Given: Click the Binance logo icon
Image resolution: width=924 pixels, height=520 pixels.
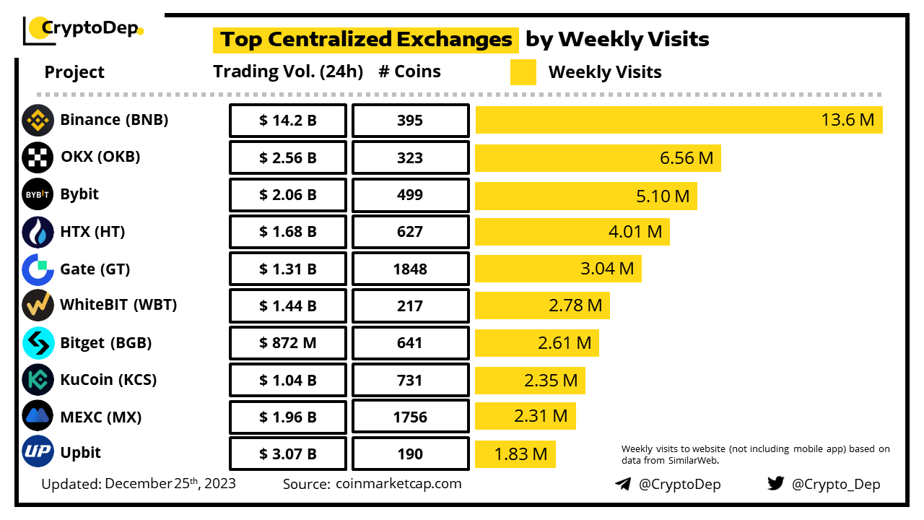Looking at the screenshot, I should click(38, 121).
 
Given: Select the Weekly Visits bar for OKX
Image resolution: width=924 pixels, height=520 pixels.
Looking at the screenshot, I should click(598, 157).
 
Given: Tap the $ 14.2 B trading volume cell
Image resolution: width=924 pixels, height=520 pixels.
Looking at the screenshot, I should click(288, 121).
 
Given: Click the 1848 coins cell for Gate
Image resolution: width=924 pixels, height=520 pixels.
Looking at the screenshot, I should click(410, 269).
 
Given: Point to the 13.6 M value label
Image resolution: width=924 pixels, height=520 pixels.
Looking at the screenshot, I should click(847, 120).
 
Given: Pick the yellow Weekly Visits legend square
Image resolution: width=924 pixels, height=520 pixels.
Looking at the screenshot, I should click(523, 72).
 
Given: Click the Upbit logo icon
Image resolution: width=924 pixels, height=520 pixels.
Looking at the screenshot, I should click(38, 453).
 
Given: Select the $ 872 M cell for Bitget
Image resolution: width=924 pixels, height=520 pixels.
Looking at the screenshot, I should click(288, 343).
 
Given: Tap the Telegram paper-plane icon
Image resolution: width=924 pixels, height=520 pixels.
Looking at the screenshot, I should click(623, 484).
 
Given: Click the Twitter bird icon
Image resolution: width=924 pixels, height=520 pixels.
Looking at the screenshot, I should click(775, 484).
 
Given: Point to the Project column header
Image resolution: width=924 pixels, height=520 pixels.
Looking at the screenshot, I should click(74, 72).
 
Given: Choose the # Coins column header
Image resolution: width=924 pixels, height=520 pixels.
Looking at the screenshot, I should click(409, 71).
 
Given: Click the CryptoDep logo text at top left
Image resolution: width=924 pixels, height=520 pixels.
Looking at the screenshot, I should click(90, 28).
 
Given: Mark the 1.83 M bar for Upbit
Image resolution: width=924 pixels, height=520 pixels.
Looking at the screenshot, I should click(515, 454).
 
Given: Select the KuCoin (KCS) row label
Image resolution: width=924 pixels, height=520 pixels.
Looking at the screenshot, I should click(108, 379).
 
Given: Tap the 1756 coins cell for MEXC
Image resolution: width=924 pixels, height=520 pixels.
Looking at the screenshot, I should click(410, 417).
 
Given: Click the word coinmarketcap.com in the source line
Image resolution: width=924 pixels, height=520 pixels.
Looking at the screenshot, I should click(398, 484).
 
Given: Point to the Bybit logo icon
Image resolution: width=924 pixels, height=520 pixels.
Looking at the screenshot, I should click(38, 194).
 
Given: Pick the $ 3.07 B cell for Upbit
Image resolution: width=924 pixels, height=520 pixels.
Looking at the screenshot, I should click(288, 454).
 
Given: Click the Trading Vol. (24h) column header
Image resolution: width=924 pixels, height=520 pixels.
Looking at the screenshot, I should click(288, 71).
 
